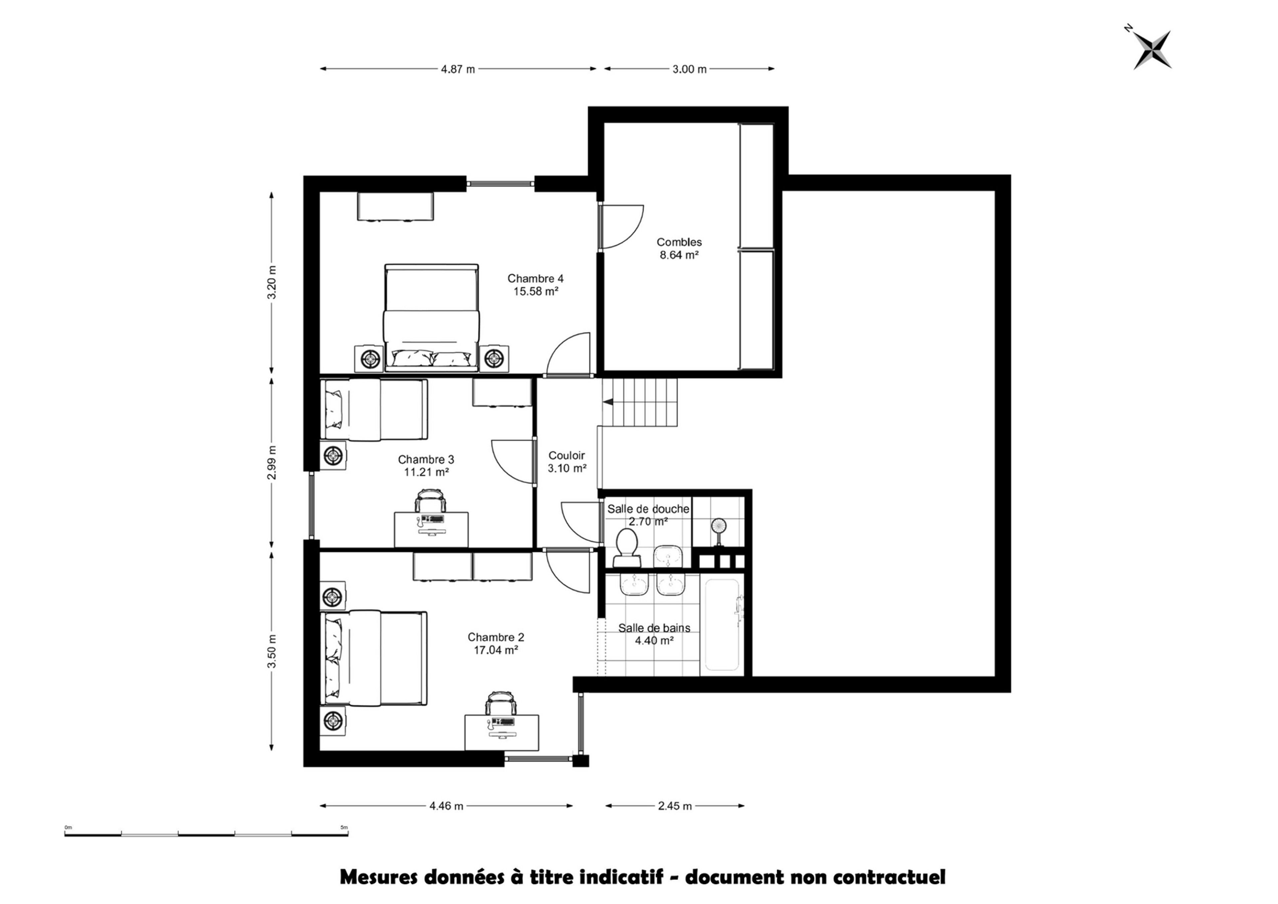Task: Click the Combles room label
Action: (679, 242)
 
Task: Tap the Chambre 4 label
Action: (535, 278)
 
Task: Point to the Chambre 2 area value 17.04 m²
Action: (496, 649)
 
